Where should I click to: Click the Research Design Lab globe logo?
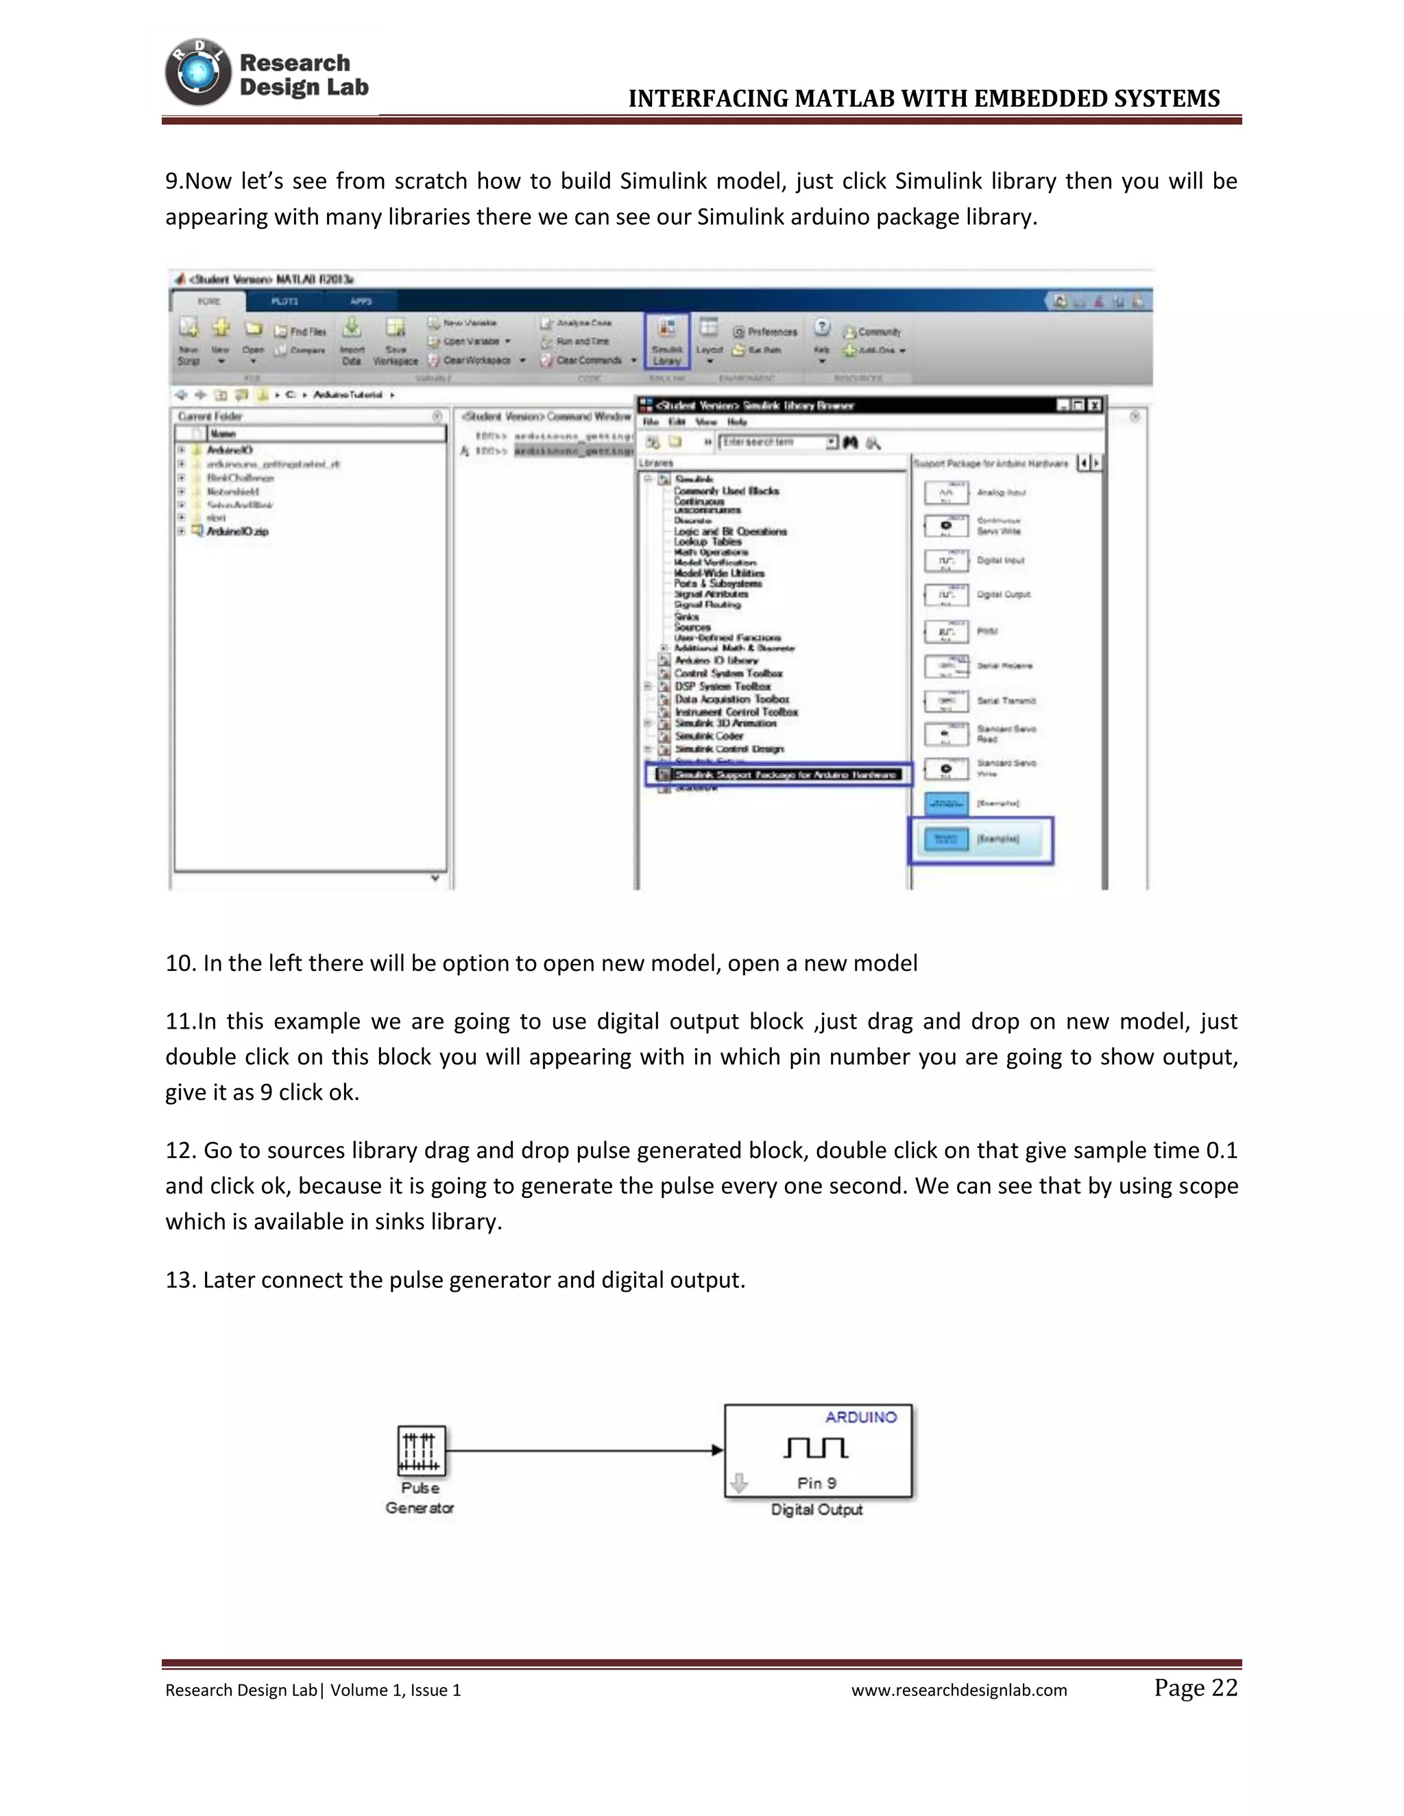(x=198, y=73)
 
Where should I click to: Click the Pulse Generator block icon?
(x=421, y=1451)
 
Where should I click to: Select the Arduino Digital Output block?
(x=818, y=1451)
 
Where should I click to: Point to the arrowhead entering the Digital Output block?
(x=717, y=1451)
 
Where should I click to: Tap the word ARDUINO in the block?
(x=861, y=1418)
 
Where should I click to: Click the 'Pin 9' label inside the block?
(x=816, y=1484)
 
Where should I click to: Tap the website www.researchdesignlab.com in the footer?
(x=958, y=1691)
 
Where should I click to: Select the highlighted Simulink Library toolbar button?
(x=667, y=341)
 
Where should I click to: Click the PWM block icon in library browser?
(x=947, y=631)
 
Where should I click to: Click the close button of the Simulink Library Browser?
(x=1095, y=405)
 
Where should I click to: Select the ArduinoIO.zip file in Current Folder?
(x=237, y=531)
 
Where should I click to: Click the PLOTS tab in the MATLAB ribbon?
(x=285, y=301)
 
